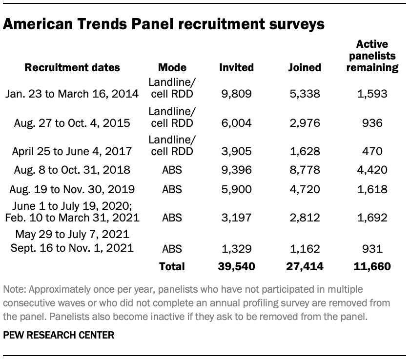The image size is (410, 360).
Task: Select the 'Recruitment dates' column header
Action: click(72, 68)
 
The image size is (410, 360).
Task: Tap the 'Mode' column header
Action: click(172, 68)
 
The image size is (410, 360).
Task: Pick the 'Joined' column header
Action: click(305, 68)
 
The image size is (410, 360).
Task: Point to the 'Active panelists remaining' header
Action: click(372, 57)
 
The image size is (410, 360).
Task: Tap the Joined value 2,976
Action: click(305, 123)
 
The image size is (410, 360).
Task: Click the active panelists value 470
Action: click(372, 152)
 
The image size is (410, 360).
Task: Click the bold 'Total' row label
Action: click(172, 266)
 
